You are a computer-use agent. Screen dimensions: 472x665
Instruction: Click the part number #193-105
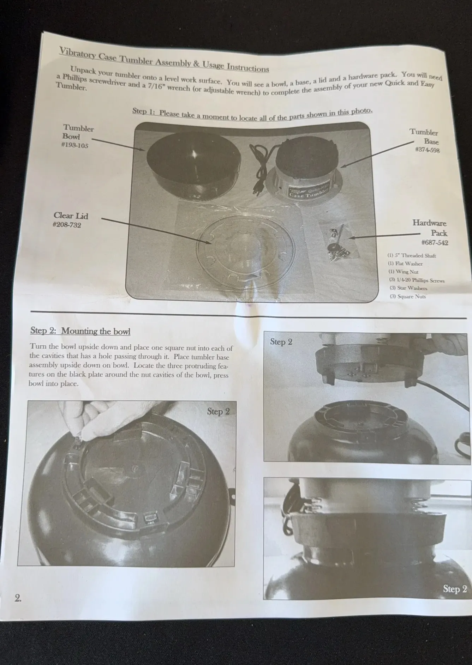click(74, 145)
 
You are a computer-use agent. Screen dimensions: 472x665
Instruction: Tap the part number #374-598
click(427, 150)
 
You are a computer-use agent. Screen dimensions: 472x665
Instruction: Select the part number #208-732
click(67, 225)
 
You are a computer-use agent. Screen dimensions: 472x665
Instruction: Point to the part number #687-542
click(435, 242)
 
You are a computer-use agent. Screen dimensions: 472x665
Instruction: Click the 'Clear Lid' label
click(71, 216)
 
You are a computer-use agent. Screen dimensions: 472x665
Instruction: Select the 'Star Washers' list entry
click(408, 288)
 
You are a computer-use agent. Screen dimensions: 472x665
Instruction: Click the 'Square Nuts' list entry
click(408, 296)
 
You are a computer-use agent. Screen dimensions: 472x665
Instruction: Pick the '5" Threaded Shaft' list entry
click(412, 255)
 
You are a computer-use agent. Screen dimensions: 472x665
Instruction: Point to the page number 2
click(18, 598)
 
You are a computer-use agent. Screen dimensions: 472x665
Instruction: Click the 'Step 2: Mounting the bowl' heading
click(80, 331)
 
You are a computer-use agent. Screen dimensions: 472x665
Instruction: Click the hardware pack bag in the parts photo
click(338, 242)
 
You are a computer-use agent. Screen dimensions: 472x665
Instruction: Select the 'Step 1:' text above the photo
click(144, 111)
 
